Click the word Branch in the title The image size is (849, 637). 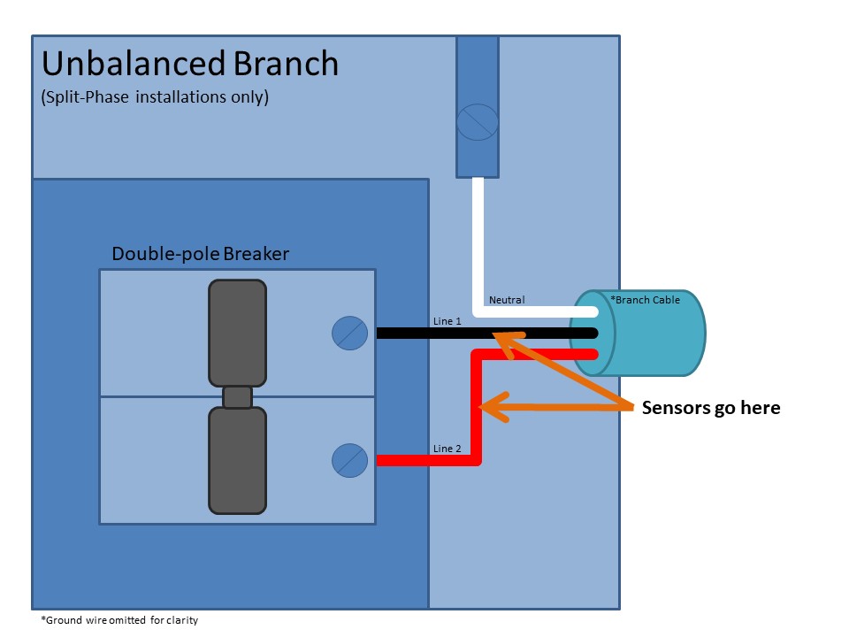pos(286,65)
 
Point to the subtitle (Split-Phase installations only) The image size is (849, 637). pos(155,97)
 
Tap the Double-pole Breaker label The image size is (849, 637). pos(200,255)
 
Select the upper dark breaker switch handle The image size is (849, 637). pos(237,333)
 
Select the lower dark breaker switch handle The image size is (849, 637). pos(237,460)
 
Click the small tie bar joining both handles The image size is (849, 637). pos(237,397)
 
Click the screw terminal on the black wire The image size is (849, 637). pos(349,334)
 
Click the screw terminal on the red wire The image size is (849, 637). pos(349,460)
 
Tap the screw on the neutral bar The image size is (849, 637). pos(478,122)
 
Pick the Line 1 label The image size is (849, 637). pos(447,321)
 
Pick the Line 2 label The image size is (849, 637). pos(447,449)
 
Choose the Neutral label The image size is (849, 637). pos(507,300)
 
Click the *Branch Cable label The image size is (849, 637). pos(646,300)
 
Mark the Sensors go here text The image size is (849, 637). pos(710,408)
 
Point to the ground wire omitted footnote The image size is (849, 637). pos(119,620)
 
